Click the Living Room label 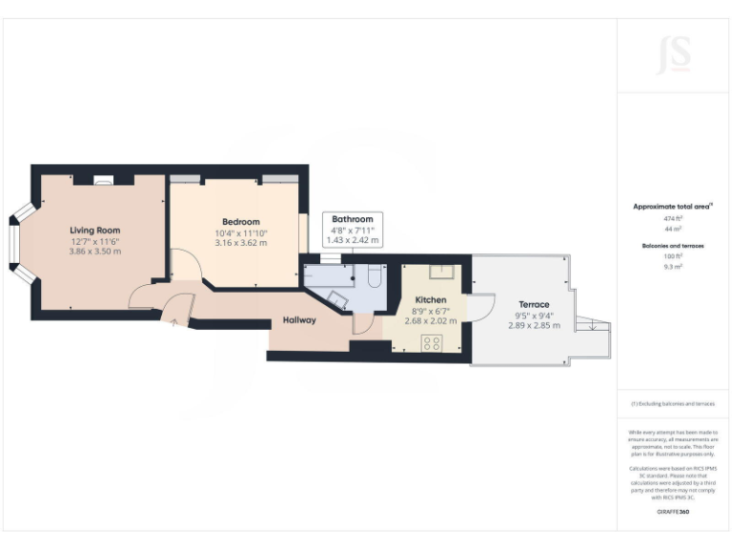tap(94, 230)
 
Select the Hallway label tap(299, 320)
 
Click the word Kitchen tap(431, 299)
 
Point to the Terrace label tap(534, 304)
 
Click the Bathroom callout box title tap(352, 218)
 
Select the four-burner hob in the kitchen tap(431, 344)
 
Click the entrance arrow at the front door tap(173, 323)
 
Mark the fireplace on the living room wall tap(103, 178)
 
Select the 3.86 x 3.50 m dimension tap(94, 254)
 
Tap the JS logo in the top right tap(673, 53)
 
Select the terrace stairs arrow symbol tap(593, 327)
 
